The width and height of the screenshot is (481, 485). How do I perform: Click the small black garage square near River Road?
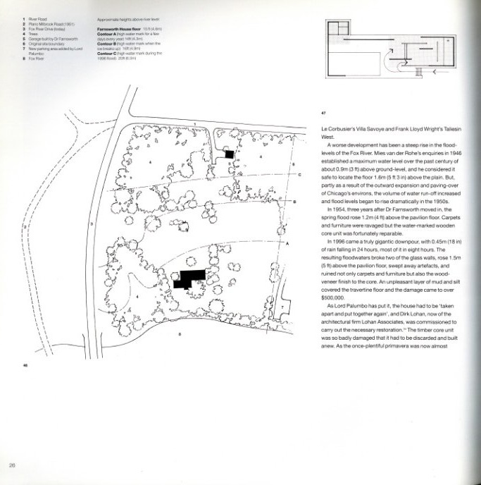[x=228, y=153]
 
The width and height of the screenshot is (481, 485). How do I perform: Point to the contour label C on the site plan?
[x=299, y=173]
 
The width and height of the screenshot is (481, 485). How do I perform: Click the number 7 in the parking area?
[x=282, y=307]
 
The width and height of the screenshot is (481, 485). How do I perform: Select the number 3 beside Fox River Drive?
[x=92, y=223]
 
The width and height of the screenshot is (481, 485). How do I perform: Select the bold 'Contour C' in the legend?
[x=108, y=53]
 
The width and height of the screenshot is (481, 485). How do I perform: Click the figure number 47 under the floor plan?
[x=323, y=111]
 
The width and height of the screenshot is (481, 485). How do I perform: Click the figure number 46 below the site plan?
[x=25, y=366]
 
